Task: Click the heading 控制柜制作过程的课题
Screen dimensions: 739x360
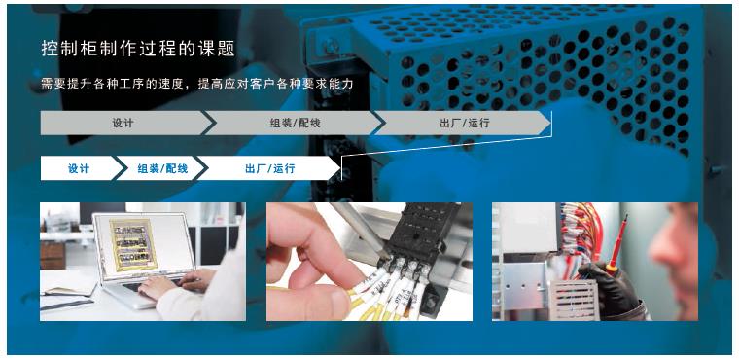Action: coord(138,49)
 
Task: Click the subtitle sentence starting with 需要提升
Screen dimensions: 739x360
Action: coord(197,85)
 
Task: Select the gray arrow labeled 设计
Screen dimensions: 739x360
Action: coord(125,123)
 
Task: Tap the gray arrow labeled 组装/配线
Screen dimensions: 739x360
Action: coord(293,123)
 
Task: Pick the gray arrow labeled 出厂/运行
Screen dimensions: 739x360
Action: coord(463,123)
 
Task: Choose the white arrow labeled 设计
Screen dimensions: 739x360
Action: coord(80,168)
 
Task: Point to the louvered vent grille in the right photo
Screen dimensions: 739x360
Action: coord(572,299)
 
